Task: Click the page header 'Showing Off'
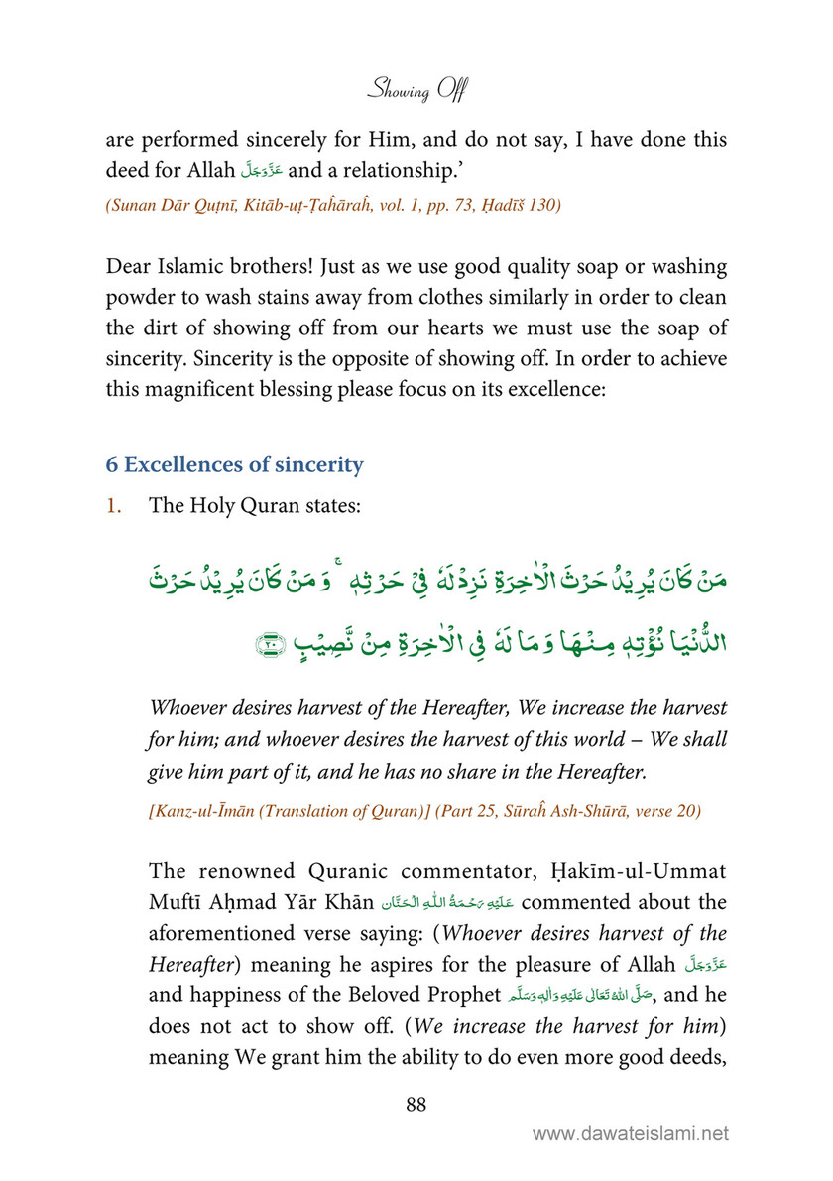[416, 92]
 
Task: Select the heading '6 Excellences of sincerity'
[235, 463]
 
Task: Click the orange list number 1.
[113, 505]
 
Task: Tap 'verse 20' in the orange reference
[669, 811]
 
